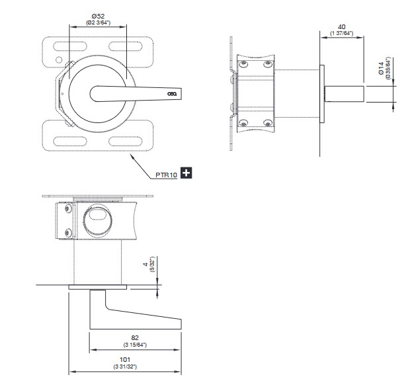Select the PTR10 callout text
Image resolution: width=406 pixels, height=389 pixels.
(166, 174)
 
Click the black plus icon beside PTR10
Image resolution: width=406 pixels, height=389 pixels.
(186, 173)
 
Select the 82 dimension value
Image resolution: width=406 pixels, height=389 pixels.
(135, 337)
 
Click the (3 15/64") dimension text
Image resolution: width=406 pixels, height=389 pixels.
(135, 345)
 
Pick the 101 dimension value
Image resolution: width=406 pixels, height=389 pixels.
(125, 361)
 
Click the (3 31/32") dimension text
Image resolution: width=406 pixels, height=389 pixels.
(125, 368)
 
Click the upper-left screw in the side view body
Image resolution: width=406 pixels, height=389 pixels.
(244, 64)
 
